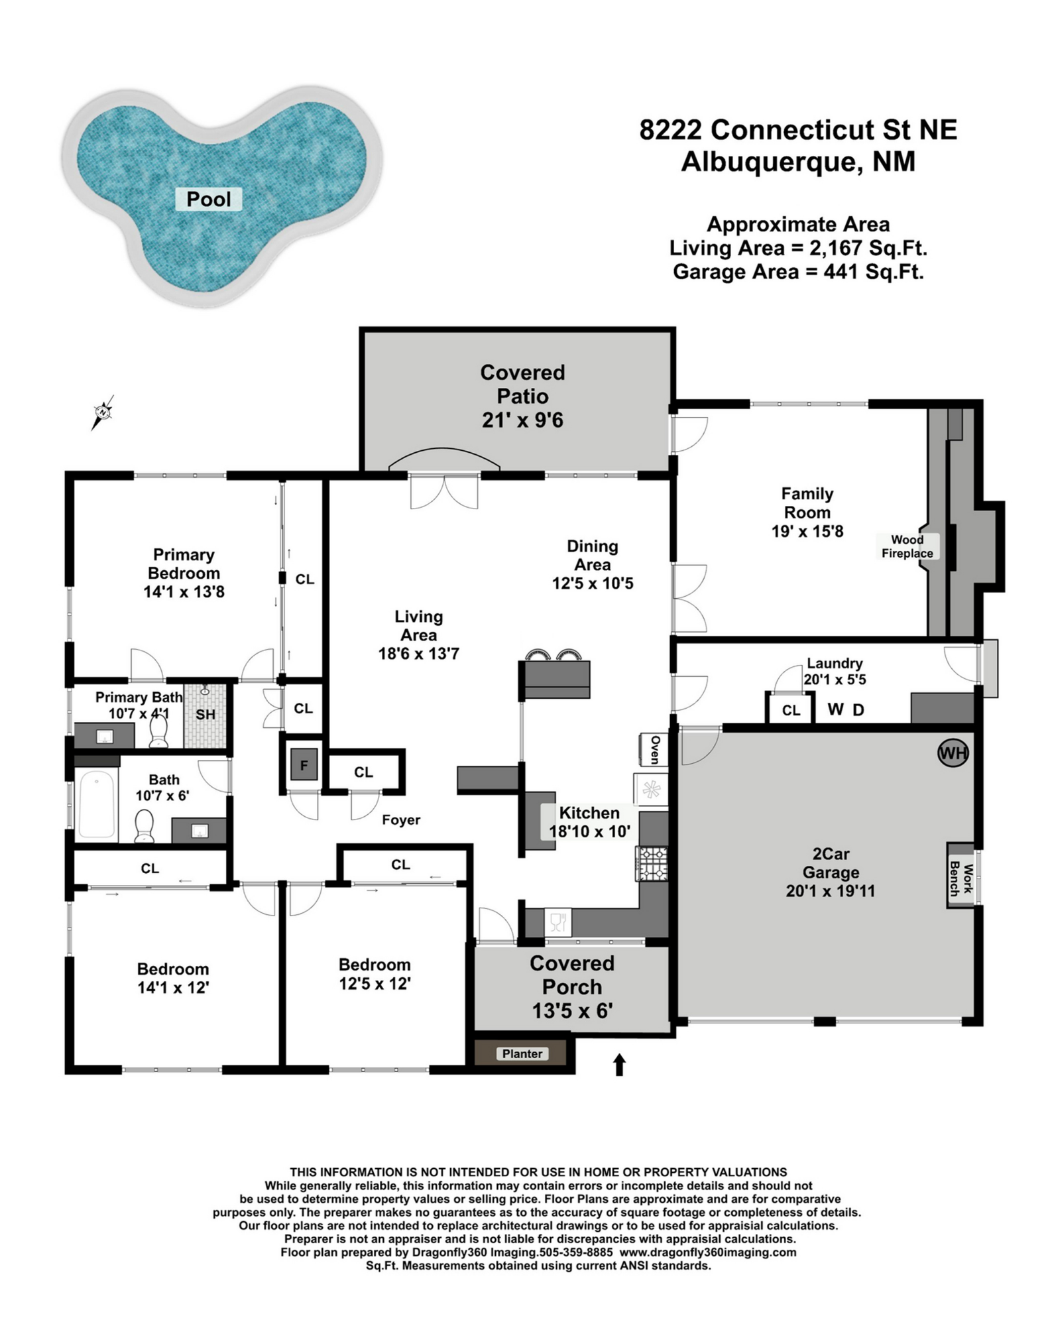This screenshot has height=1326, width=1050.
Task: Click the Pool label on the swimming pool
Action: (x=209, y=199)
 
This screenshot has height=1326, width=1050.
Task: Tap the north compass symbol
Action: (x=103, y=412)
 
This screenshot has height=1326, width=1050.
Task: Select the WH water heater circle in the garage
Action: (x=953, y=753)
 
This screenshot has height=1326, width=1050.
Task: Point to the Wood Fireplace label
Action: (x=907, y=546)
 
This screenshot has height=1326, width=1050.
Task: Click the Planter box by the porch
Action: (x=522, y=1054)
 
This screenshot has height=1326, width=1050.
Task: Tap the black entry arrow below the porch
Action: (x=619, y=1065)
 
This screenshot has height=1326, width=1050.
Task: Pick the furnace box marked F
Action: (x=304, y=765)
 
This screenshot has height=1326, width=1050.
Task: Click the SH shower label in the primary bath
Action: (x=205, y=714)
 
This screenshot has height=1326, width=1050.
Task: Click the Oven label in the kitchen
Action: (x=655, y=750)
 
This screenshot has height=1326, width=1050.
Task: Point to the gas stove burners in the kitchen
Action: (x=652, y=864)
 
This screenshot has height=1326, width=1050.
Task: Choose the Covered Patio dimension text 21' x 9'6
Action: (x=522, y=420)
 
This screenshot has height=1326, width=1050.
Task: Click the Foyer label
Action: (x=401, y=820)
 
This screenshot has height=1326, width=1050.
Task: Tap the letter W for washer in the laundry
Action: (x=836, y=709)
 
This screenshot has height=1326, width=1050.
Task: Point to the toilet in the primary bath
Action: (x=159, y=731)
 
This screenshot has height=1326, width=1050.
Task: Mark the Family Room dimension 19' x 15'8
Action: (x=807, y=531)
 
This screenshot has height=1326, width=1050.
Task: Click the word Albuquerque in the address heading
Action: (x=768, y=161)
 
